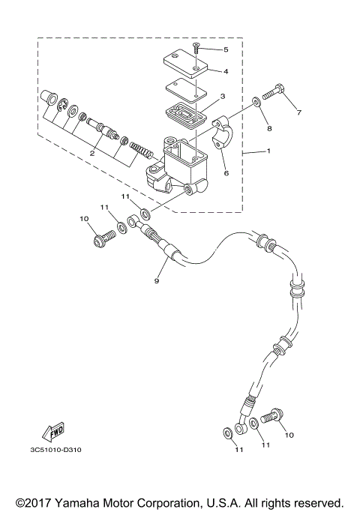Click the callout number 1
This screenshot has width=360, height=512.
pyautogui.click(x=268, y=151)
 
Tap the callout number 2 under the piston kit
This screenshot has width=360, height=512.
pyautogui.click(x=91, y=153)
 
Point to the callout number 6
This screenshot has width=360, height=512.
pyautogui.click(x=226, y=172)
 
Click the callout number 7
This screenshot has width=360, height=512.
pyautogui.click(x=298, y=114)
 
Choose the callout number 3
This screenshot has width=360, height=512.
pyautogui.click(x=222, y=96)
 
